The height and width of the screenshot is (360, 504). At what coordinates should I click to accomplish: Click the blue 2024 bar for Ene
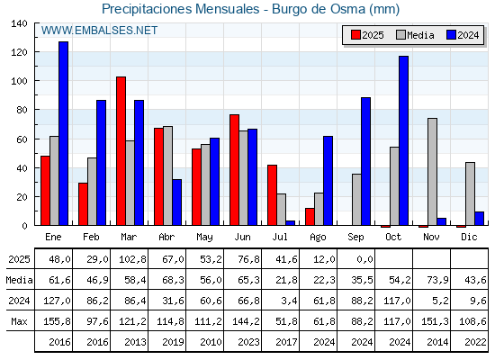tap(63, 133)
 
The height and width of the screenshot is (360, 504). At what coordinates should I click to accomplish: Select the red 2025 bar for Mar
tap(121, 151)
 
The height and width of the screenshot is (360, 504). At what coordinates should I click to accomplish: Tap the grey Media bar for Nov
tap(432, 172)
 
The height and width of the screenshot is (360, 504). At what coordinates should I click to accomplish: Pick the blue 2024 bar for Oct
tap(404, 140)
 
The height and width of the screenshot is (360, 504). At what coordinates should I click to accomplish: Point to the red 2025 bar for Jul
tap(272, 195)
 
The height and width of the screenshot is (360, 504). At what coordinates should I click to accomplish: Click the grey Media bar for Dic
tap(470, 193)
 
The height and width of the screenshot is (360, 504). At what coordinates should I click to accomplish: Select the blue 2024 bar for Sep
tap(365, 161)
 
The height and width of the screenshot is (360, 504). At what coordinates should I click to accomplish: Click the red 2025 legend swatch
tap(355, 35)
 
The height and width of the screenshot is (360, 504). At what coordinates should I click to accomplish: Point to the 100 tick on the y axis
tap(36, 80)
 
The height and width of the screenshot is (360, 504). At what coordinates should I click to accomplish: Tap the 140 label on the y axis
tap(19, 23)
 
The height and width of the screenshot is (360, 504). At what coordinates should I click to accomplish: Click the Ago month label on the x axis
tap(318, 238)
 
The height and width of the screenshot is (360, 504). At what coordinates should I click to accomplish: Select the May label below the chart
tap(204, 238)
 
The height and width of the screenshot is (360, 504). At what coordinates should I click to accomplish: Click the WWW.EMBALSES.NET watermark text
tap(99, 31)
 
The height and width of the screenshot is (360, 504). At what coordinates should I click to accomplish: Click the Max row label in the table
tap(19, 321)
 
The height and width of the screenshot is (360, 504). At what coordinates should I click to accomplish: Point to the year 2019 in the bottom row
tap(173, 342)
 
